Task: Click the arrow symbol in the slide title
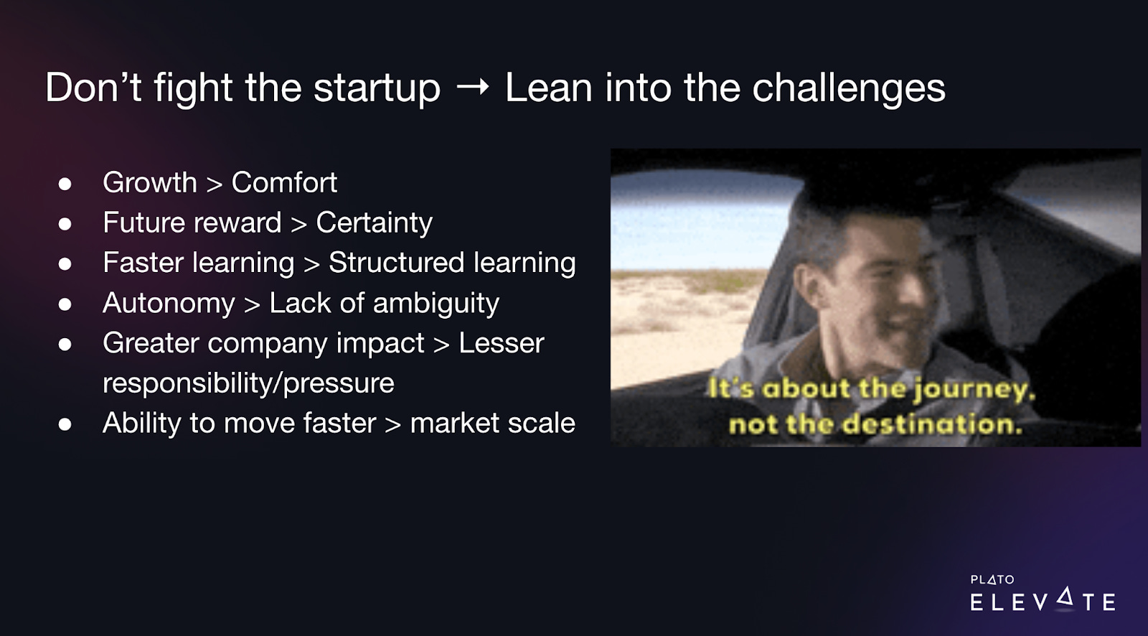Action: tap(473, 87)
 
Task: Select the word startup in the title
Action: tap(377, 88)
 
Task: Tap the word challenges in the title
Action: tap(849, 88)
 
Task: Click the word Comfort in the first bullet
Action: tap(284, 182)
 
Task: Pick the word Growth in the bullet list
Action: tap(150, 182)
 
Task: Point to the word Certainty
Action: tap(374, 223)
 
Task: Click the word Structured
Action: tap(397, 262)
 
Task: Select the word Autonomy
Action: tap(169, 303)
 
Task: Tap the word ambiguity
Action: tap(436, 303)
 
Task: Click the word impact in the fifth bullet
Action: tap(380, 343)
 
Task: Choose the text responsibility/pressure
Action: tap(248, 383)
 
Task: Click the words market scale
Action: tap(492, 423)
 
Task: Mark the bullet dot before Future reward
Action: tap(65, 224)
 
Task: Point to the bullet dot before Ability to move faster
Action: tap(65, 424)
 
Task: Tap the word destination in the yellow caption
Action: tap(933, 425)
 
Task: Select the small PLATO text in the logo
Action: tap(992, 579)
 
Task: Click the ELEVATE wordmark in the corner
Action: tap(1043, 600)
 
